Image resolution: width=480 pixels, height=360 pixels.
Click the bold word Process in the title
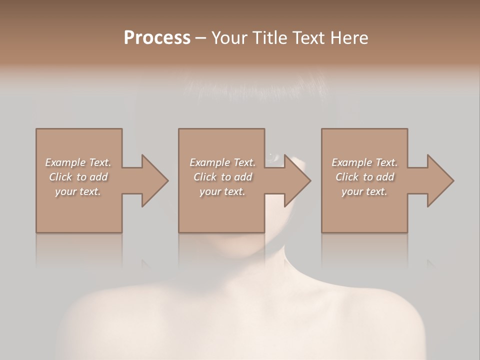[157, 38]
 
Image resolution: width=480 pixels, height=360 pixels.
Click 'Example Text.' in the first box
[78, 162]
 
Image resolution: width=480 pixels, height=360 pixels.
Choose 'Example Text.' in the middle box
[222, 162]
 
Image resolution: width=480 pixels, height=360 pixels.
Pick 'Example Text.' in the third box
[364, 162]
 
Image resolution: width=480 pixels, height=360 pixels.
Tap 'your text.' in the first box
[78, 191]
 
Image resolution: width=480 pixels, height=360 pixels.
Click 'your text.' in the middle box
[222, 191]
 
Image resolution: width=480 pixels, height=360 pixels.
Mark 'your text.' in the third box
[364, 191]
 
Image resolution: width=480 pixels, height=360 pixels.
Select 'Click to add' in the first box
[78, 177]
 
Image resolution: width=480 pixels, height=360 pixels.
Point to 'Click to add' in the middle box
[222, 177]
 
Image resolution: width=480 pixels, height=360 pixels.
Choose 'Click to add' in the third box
[364, 177]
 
